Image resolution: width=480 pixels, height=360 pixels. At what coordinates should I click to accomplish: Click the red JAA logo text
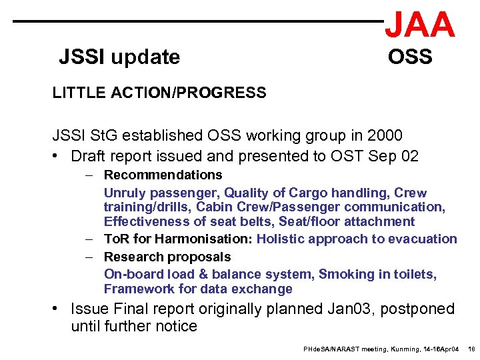tap(420, 25)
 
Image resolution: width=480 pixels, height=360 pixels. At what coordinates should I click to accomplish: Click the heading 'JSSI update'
tap(119, 57)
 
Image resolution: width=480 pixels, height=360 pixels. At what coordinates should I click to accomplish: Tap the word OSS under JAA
tap(410, 57)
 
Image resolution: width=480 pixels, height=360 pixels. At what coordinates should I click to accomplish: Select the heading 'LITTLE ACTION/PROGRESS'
tap(159, 93)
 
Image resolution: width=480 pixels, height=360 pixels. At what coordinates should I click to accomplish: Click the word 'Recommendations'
tap(163, 175)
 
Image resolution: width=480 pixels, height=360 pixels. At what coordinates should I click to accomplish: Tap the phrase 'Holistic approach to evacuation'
tap(357, 239)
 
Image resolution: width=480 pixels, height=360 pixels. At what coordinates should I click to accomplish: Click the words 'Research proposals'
tap(167, 257)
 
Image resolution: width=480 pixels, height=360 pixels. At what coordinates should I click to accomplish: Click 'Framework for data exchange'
tap(198, 289)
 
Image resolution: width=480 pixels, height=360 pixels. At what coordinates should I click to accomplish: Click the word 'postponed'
tap(422, 309)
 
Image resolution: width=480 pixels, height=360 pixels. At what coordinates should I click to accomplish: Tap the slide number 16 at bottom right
tap(471, 349)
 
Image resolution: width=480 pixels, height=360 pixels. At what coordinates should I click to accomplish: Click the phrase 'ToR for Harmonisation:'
tap(179, 239)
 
